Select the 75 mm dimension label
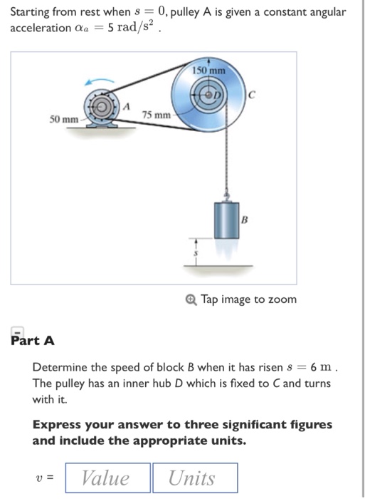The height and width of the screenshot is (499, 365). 156,115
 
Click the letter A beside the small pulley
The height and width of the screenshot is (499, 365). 127,106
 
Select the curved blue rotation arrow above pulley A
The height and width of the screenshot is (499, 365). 100,82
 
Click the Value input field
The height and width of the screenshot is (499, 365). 107,477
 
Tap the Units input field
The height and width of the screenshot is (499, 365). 194,477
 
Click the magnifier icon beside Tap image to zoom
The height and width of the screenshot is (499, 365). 192,299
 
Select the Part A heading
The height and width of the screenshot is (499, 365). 33,340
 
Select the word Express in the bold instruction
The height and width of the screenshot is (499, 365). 57,424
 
